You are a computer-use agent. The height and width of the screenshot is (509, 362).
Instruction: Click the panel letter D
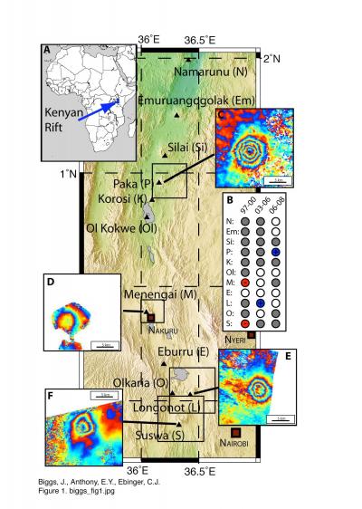point(51,282)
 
